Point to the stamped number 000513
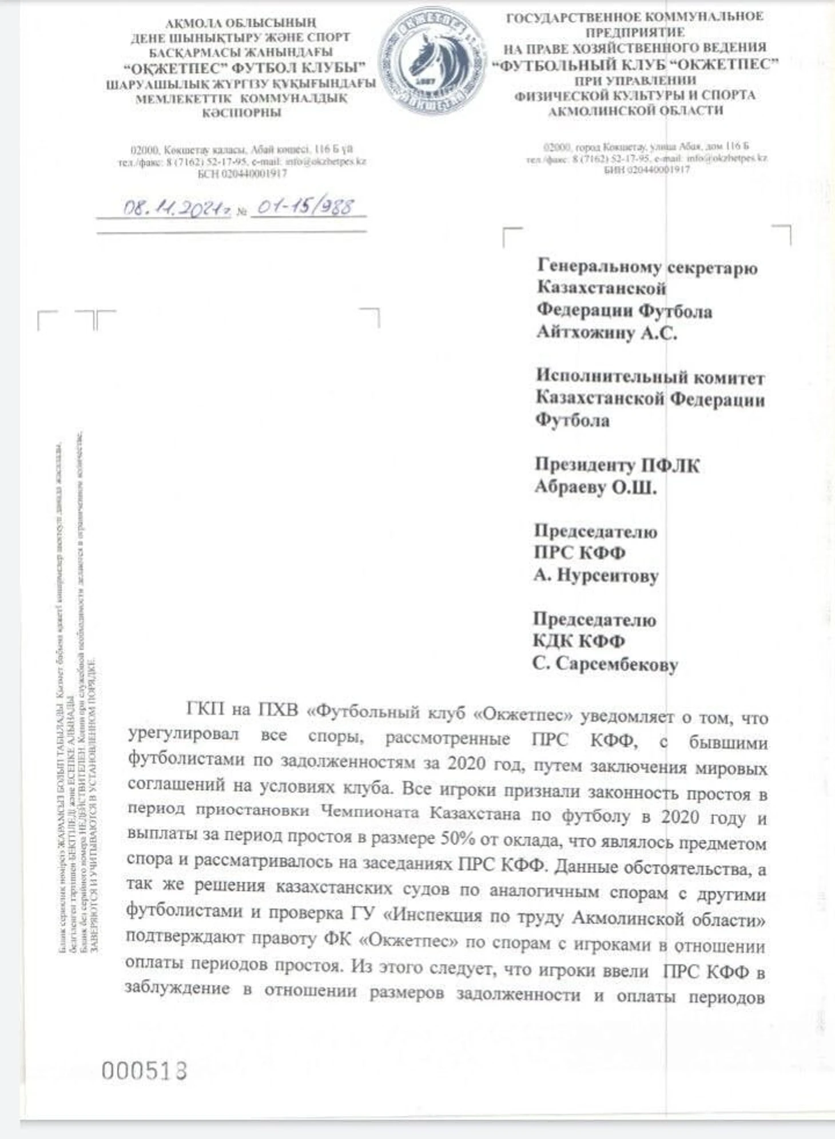pyautogui.click(x=144, y=1070)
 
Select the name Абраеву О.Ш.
pyautogui.click(x=595, y=487)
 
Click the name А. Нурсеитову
pyautogui.click(x=596, y=575)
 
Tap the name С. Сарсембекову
pyautogui.click(x=605, y=664)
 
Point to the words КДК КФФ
pyautogui.click(x=579, y=641)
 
